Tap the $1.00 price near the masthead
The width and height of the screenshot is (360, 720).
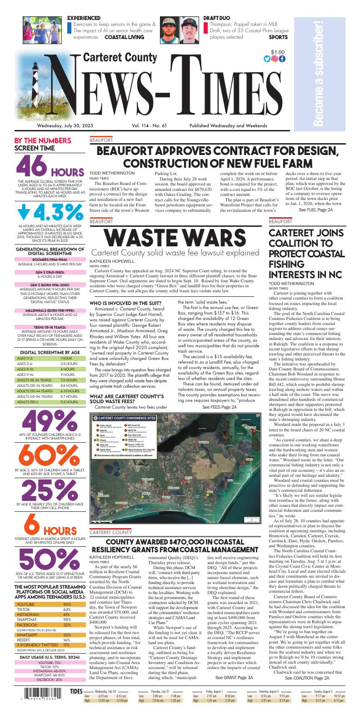coord(278,52)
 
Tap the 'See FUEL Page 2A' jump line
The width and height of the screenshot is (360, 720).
coord(315,210)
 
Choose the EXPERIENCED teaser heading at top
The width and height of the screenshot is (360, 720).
coord(84,18)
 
